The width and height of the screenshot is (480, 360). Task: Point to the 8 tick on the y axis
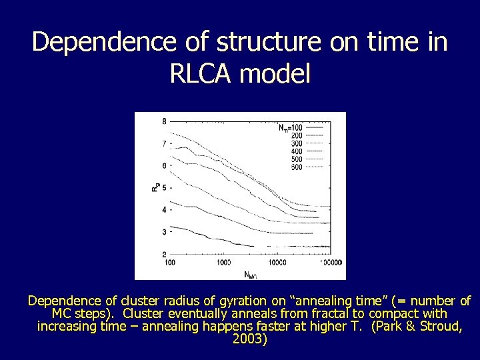(x=164, y=121)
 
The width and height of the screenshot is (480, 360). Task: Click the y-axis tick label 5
(x=164, y=188)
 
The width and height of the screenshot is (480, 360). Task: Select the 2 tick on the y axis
(x=164, y=255)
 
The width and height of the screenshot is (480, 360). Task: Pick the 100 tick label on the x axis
(x=169, y=263)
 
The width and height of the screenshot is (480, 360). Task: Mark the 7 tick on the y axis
(x=164, y=143)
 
